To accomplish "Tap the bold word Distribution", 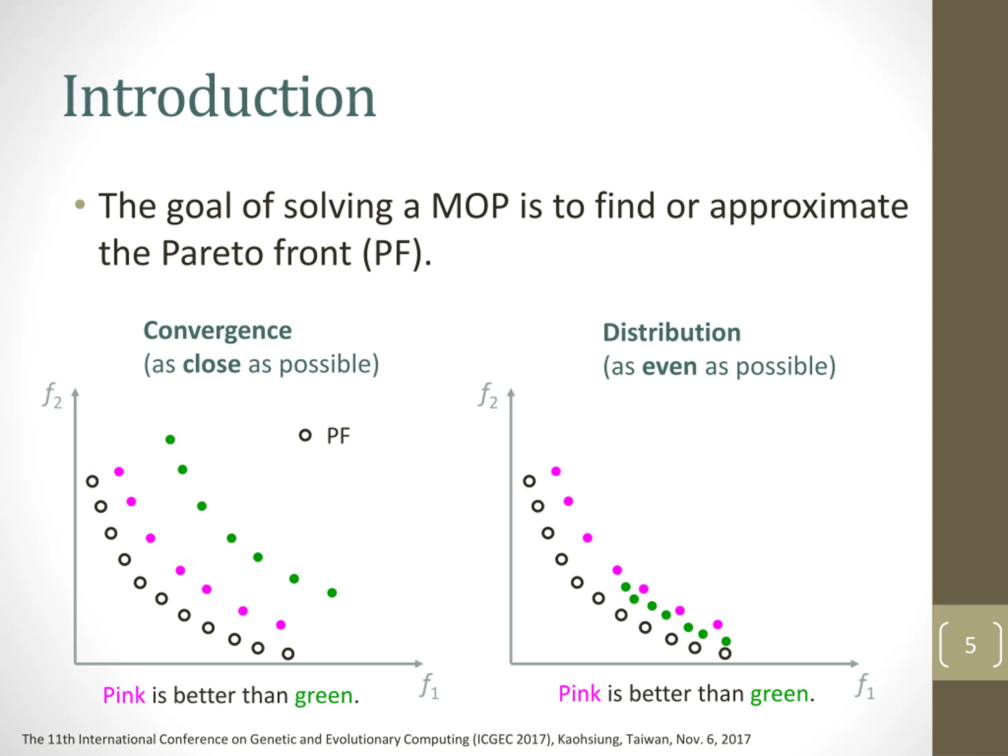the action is pyautogui.click(x=672, y=333).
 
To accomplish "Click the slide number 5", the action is pyautogui.click(x=970, y=645).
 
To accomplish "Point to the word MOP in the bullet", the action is pyautogui.click(x=470, y=206).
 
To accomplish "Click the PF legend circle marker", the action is pyautogui.click(x=305, y=435).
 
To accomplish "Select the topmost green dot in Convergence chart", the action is pyautogui.click(x=170, y=439).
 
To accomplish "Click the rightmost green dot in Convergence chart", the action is pyautogui.click(x=332, y=593).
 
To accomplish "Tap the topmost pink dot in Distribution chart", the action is pyautogui.click(x=556, y=471).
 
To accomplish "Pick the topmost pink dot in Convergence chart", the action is pyautogui.click(x=119, y=471).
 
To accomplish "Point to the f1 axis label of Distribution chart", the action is pyautogui.click(x=865, y=686).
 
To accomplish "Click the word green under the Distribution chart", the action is pyautogui.click(x=779, y=694).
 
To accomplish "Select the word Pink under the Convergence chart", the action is pyautogui.click(x=124, y=695).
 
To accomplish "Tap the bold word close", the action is pyautogui.click(x=211, y=365).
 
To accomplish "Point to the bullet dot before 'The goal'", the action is pyautogui.click(x=80, y=205).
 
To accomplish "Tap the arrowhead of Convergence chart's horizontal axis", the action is pyautogui.click(x=419, y=663).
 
